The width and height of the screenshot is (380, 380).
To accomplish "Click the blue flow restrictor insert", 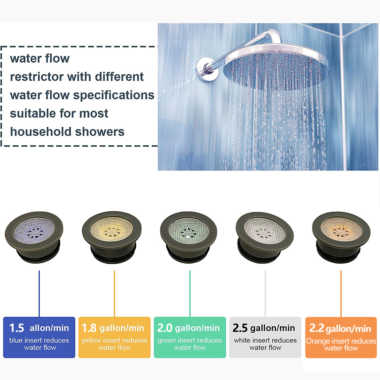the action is (x=34, y=237).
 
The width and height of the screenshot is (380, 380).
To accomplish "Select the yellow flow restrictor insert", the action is (x=112, y=237).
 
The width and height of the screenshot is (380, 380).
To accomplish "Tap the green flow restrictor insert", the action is (x=189, y=237).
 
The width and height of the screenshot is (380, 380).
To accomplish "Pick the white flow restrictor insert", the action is (x=265, y=237).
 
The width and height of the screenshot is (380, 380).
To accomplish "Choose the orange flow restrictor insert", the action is (x=341, y=237).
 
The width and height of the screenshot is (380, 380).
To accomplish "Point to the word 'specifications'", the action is (x=114, y=96).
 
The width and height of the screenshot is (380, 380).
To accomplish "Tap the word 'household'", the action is (x=41, y=132).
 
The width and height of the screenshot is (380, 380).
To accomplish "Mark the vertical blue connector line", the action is (x=39, y=294).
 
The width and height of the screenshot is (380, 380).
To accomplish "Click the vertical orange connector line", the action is (x=341, y=294).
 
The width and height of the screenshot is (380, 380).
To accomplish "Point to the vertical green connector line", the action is (x=190, y=294).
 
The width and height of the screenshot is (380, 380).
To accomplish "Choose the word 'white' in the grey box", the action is (x=243, y=340).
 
